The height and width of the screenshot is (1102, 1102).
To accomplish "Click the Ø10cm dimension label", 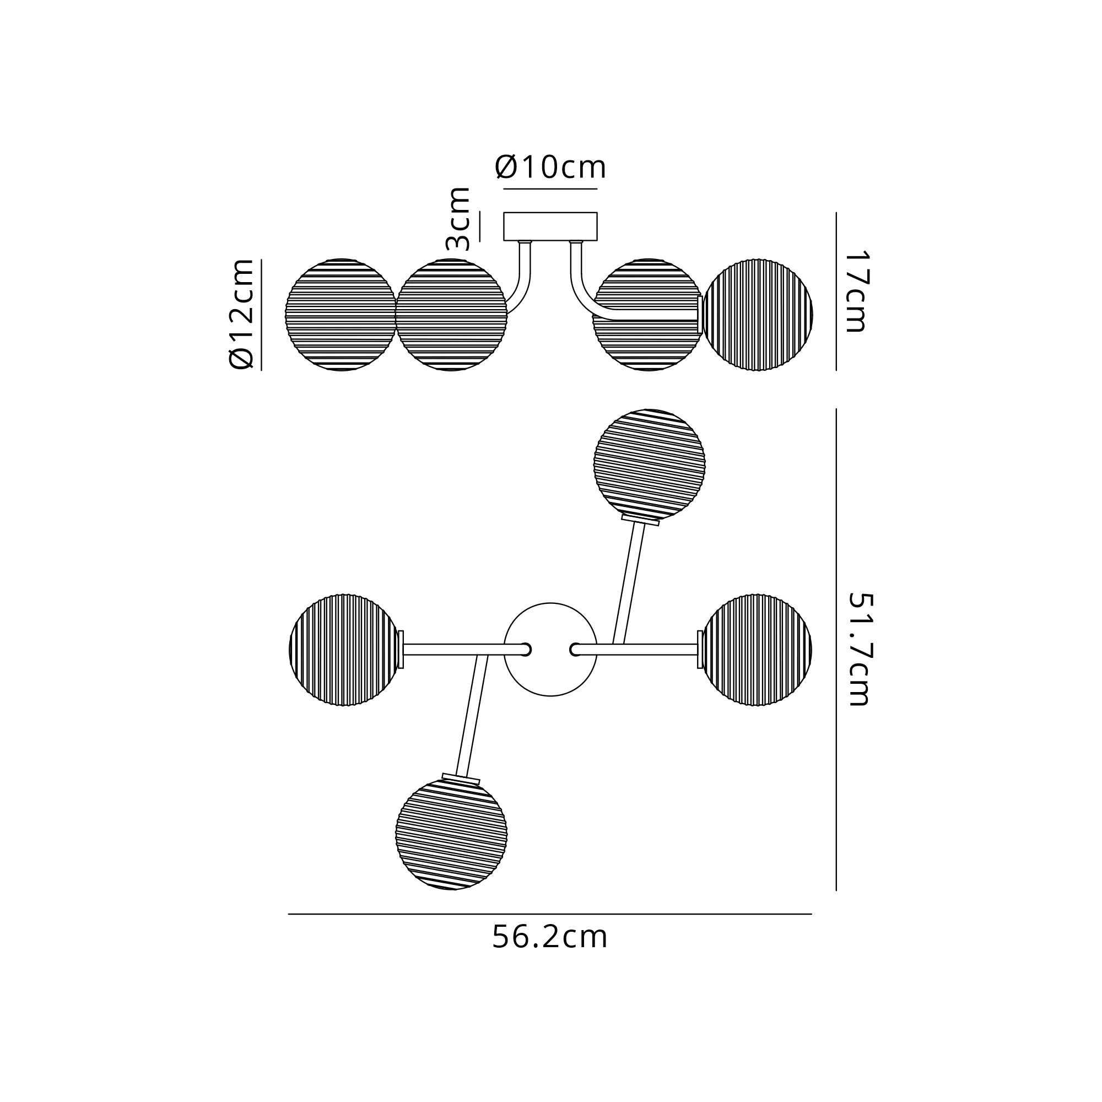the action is [x=550, y=167].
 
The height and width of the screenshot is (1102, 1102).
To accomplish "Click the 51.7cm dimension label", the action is [x=860, y=649].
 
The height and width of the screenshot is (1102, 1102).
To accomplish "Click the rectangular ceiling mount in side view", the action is [x=550, y=226].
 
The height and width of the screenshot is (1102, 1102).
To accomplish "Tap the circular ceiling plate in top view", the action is [x=550, y=649].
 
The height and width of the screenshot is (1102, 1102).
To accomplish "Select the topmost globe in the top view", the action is [x=649, y=464].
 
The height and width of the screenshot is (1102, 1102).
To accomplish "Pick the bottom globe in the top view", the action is [x=451, y=834].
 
